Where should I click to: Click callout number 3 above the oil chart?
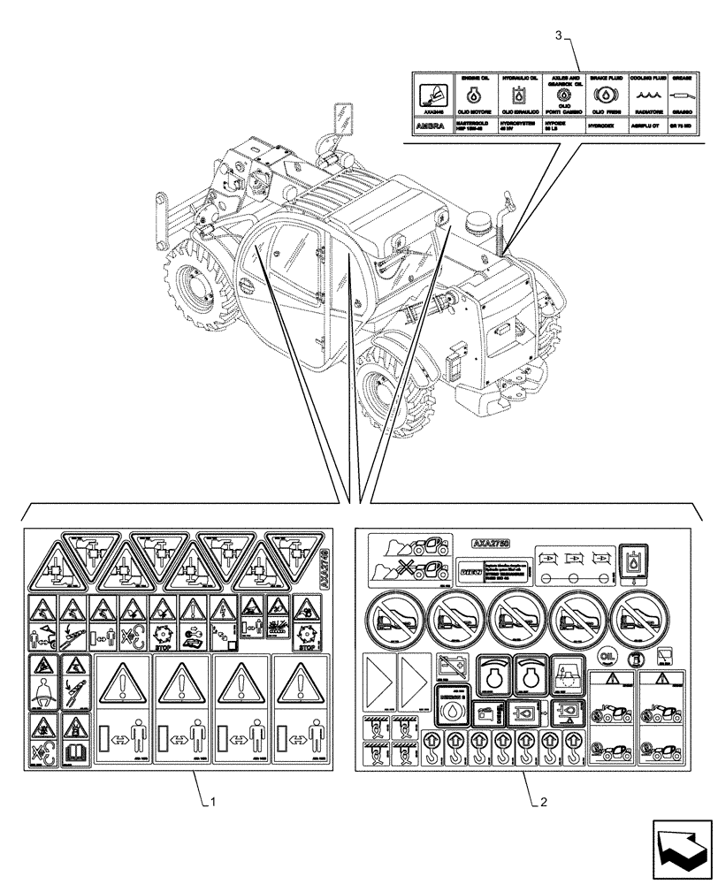(558, 35)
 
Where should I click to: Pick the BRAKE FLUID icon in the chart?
(607, 97)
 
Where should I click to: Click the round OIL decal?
(607, 656)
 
